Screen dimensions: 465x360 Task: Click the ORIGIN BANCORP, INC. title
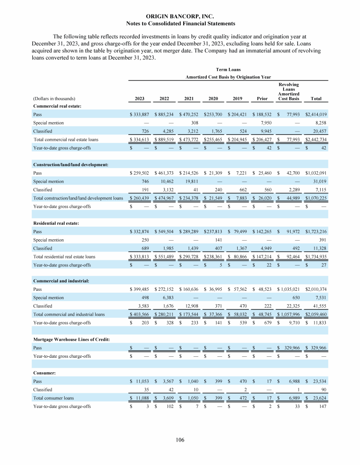pyautogui.click(x=180, y=16)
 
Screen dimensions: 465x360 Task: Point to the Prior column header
pyautogui.click(x=259, y=99)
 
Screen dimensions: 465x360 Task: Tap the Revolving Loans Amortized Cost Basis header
pyautogui.click(x=288, y=92)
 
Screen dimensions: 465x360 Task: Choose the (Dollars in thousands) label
pyautogui.click(x=55, y=99)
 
